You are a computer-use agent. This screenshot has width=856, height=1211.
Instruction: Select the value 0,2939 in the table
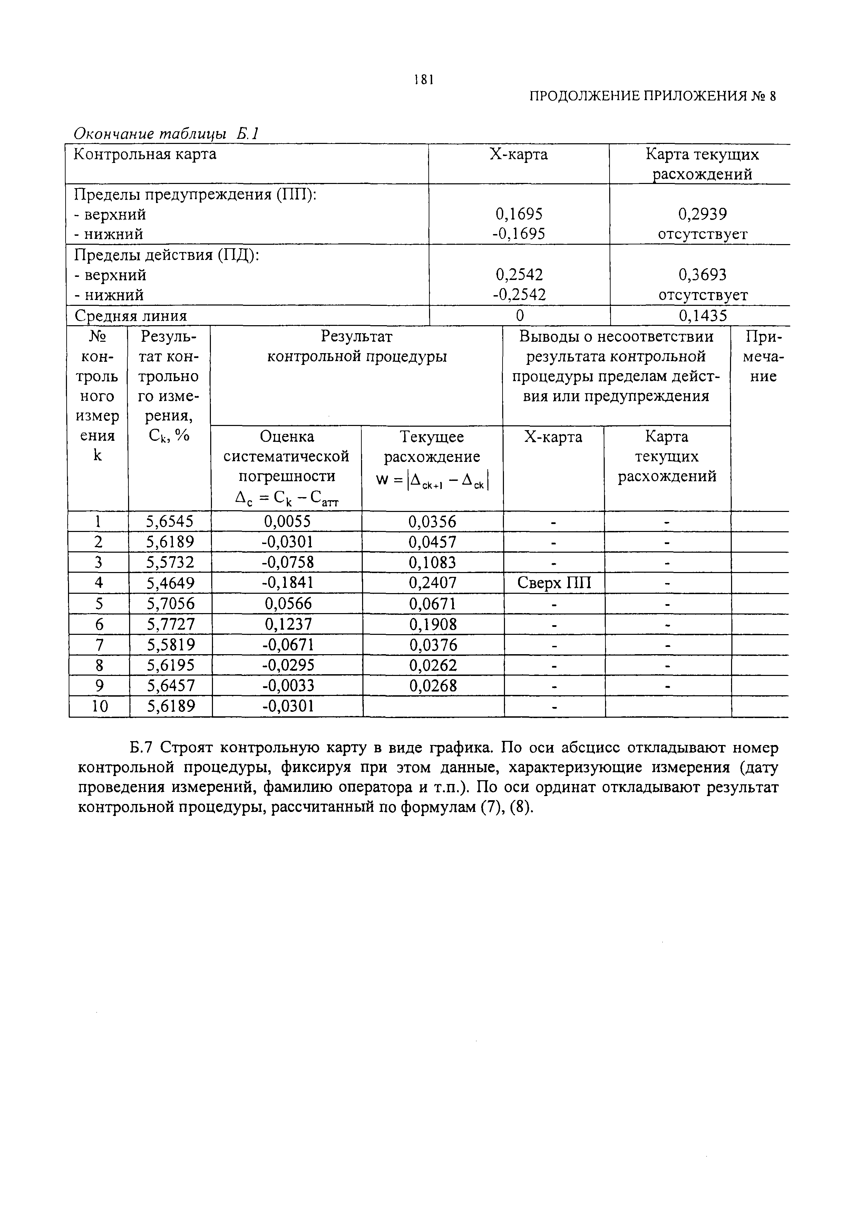point(702,214)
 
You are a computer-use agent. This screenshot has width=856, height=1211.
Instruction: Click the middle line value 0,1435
point(702,316)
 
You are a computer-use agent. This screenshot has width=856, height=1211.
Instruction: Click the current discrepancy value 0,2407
point(432,583)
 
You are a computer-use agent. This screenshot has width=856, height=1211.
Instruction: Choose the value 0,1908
point(432,624)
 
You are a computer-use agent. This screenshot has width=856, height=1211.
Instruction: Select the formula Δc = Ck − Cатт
point(286,497)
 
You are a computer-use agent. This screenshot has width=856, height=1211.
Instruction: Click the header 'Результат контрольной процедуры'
point(357,347)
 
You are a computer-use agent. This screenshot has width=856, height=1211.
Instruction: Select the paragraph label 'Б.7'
point(142,748)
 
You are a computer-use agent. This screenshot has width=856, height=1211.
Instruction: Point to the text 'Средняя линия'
point(131,316)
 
